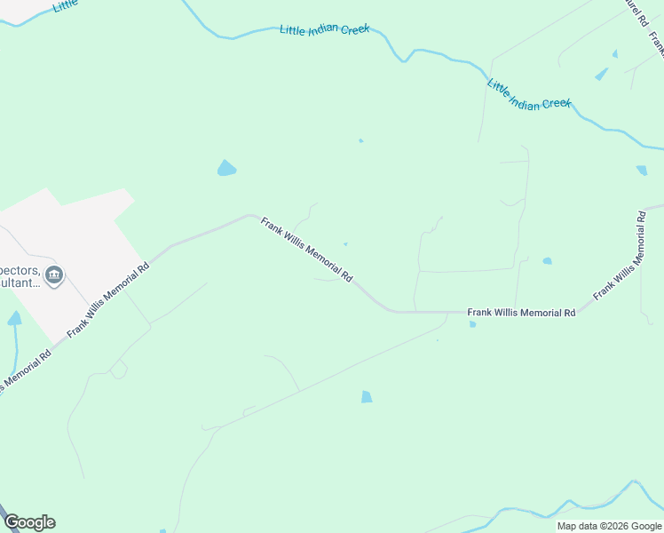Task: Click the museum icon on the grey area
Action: pos(54,275)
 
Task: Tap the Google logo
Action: pos(29,522)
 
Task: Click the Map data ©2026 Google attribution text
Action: pos(609,526)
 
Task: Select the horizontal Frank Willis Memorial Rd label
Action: pos(522,313)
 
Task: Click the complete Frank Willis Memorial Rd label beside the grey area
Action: pos(107,299)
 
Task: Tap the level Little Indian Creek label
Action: pos(324,30)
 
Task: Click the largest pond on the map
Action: pos(226,168)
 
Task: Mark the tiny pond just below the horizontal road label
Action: pos(472,324)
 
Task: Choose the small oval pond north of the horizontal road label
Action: pos(547,261)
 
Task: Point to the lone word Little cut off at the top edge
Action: pos(65,5)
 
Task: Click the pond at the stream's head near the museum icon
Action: pos(14,318)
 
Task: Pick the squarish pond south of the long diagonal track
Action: pos(367,397)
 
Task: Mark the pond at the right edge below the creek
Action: pos(641,171)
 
